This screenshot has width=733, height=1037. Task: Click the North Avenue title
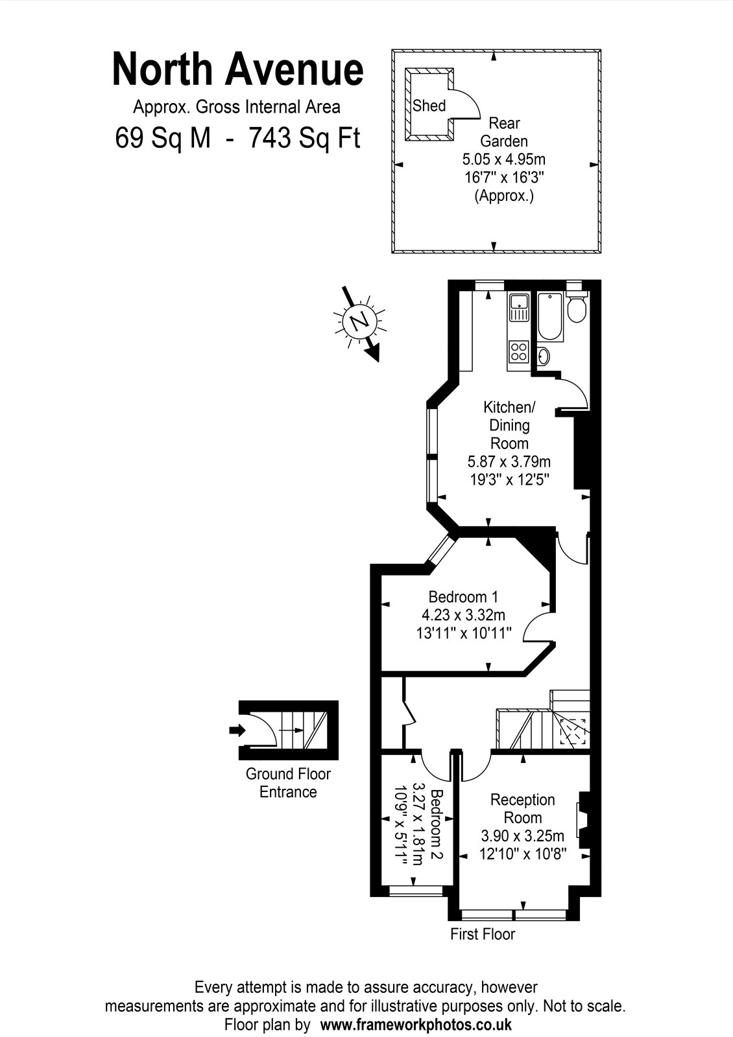tap(237, 69)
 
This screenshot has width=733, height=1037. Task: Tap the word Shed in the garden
tap(429, 106)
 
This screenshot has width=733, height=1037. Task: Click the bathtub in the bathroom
tap(551, 317)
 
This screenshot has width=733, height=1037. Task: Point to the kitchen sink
tap(519, 307)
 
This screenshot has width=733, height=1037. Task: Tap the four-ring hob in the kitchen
tap(519, 351)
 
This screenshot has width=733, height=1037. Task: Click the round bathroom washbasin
tap(544, 356)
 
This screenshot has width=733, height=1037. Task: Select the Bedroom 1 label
tap(463, 597)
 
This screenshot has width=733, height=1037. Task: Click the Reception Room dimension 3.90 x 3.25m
tap(523, 836)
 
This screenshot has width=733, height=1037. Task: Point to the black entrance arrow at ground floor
tap(237, 730)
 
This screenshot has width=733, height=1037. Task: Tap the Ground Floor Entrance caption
tap(288, 783)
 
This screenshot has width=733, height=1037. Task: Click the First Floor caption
tap(483, 934)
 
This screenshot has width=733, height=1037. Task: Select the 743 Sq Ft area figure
tap(305, 138)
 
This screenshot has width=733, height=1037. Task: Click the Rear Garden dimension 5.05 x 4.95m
tap(503, 159)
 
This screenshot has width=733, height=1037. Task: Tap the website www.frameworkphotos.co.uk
tap(416, 1024)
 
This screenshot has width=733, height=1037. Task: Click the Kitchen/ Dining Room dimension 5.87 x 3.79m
tap(509, 461)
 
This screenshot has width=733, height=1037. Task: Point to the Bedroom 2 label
tap(437, 824)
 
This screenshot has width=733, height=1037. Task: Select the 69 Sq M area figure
tap(163, 138)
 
